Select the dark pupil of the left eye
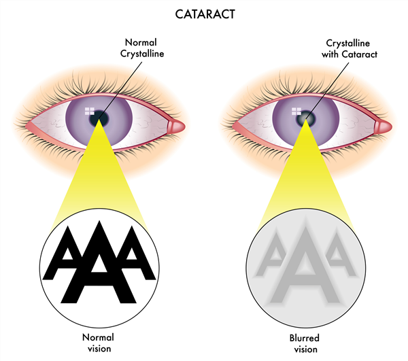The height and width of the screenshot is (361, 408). [101, 118]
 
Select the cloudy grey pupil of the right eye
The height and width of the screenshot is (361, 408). [305, 118]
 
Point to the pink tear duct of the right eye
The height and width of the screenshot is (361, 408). [382, 126]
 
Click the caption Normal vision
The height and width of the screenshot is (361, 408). [99, 342]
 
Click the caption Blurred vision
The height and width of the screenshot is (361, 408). [305, 342]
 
